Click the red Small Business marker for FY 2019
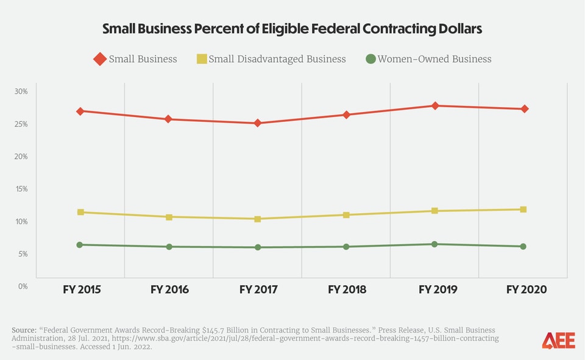(434, 106)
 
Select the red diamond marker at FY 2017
(258, 123)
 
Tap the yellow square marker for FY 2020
(523, 210)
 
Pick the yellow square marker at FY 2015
(80, 212)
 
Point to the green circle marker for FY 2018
(346, 247)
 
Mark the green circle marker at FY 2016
(169, 247)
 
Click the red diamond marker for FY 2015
(80, 111)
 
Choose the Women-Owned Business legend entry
(434, 59)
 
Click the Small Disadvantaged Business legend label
(277, 59)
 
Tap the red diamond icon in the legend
(99, 59)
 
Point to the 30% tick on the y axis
(21, 91)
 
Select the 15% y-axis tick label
(21, 189)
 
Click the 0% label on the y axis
(23, 286)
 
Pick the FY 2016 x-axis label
(169, 289)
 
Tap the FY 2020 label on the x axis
(527, 289)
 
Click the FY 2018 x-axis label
(347, 289)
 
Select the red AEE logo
(558, 341)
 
